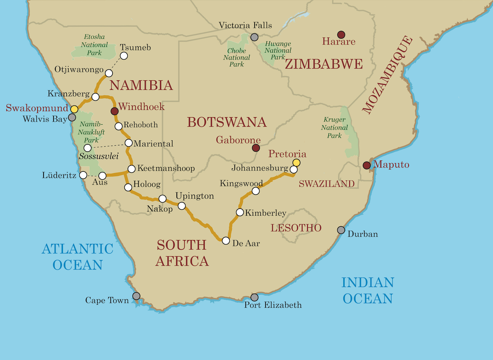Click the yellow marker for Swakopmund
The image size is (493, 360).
pyautogui.click(x=74, y=109)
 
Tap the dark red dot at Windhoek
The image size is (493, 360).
pyautogui.click(x=115, y=111)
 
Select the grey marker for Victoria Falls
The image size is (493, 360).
pyautogui.click(x=255, y=37)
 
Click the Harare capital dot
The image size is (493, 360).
pyautogui.click(x=341, y=34)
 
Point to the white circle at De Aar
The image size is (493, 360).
pyautogui.click(x=226, y=241)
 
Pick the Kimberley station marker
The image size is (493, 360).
pyautogui.click(x=240, y=212)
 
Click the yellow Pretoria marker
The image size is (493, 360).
pyautogui.click(x=296, y=163)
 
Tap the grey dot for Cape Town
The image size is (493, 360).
pyautogui.click(x=136, y=296)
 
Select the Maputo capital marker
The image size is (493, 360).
pyautogui.click(x=367, y=165)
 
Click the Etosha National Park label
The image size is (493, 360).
pyautogui.click(x=94, y=45)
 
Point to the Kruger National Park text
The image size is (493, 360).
pyautogui.click(x=334, y=128)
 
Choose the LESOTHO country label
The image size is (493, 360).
pyautogui.click(x=296, y=228)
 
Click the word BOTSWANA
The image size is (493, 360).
pyautogui.click(x=227, y=122)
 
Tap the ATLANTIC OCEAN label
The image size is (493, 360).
pyautogui.click(x=78, y=257)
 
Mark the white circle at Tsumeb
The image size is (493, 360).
pyautogui.click(x=124, y=56)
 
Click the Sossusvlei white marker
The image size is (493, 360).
pyautogui.click(x=87, y=148)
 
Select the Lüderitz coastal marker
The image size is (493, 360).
pyautogui.click(x=83, y=175)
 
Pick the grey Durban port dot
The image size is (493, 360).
pyautogui.click(x=341, y=230)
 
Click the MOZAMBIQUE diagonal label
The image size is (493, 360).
pyautogui.click(x=388, y=75)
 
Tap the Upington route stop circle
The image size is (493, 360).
pyautogui.click(x=182, y=206)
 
